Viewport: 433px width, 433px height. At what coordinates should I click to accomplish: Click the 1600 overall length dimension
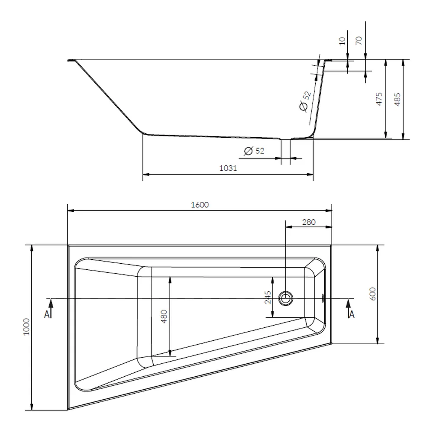(200, 205)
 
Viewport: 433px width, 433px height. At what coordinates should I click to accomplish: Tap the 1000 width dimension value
(26, 327)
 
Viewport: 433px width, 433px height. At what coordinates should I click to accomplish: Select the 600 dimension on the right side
(372, 294)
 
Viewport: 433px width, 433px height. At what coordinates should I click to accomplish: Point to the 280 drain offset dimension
(309, 222)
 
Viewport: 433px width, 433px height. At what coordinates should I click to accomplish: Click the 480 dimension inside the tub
(164, 317)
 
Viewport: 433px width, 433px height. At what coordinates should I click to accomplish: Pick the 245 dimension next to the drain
(268, 297)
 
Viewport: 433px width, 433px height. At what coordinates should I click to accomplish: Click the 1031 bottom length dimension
(228, 168)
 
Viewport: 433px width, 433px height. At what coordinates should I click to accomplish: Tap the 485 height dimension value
(397, 99)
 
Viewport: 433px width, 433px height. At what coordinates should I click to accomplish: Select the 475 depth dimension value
(379, 99)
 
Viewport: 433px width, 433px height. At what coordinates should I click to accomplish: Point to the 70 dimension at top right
(359, 41)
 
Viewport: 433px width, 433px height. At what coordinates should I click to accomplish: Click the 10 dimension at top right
(342, 41)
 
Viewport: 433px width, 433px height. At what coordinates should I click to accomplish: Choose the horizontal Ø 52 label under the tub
(254, 151)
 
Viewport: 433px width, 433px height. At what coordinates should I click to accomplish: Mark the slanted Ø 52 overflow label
(305, 101)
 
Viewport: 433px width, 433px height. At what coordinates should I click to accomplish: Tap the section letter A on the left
(47, 314)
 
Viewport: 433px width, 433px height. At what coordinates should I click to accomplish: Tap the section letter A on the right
(352, 314)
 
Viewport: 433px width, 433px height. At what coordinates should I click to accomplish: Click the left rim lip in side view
(72, 60)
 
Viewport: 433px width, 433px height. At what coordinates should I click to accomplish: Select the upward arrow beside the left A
(51, 309)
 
